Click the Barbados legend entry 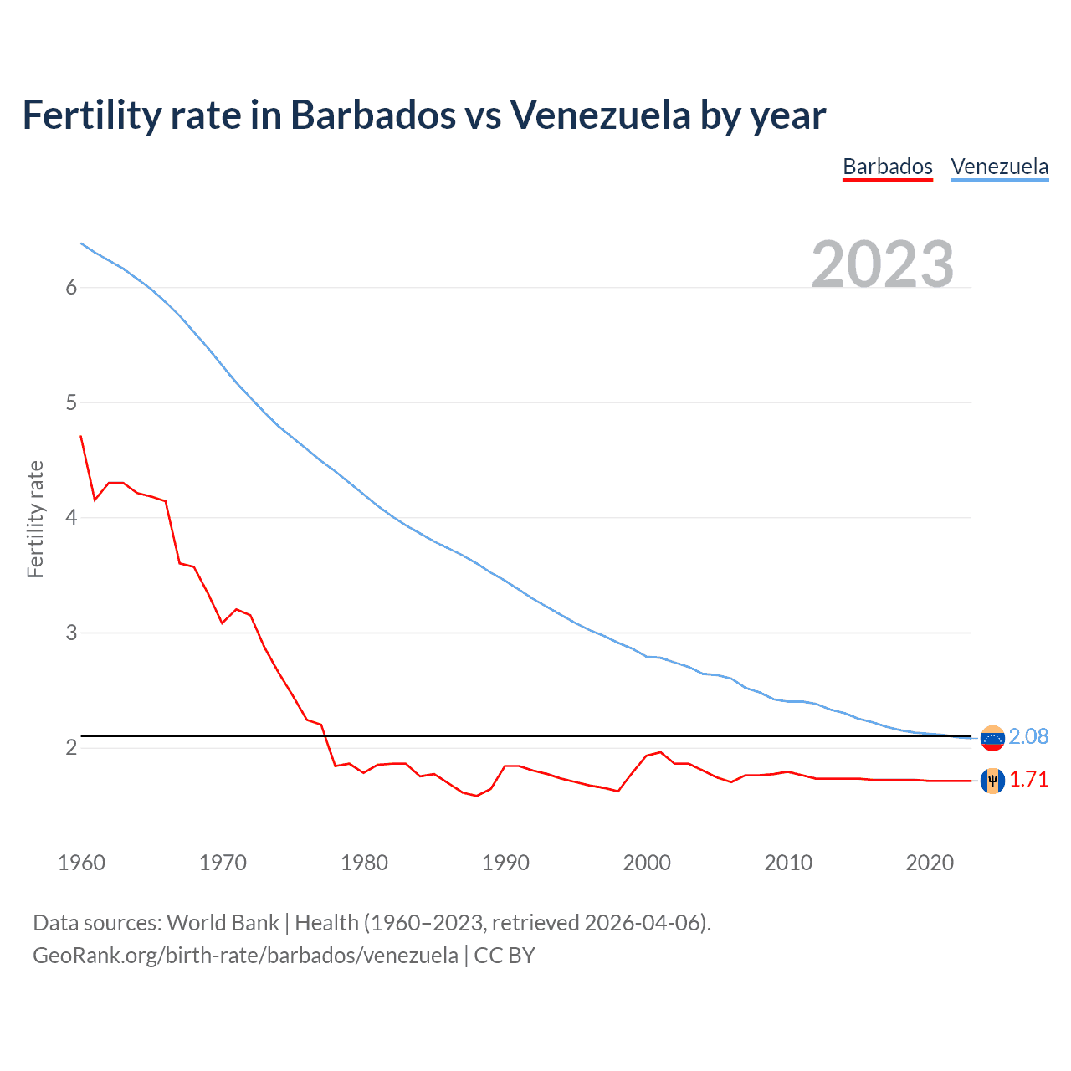coord(887,167)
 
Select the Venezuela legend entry coord(999,167)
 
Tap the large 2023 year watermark coord(883,264)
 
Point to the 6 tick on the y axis coord(71,288)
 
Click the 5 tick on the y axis coord(71,403)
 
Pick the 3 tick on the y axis coord(71,633)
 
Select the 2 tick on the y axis coord(71,748)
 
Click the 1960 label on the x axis coord(81,863)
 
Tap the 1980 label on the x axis coord(364,863)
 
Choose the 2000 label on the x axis coord(647,863)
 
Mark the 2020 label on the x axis coord(930,863)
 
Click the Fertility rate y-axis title coord(35,519)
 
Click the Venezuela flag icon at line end coord(992,738)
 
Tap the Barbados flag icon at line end coord(992,781)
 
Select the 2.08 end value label coord(1028,736)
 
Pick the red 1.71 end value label coord(1028,779)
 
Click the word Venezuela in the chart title coord(600,115)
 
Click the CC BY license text coord(505,956)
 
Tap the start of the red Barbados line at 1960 coord(81,436)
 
